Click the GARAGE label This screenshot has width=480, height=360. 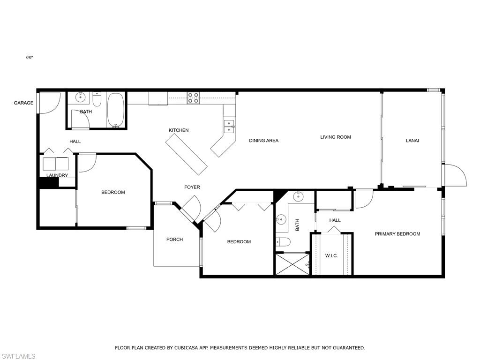[x=23, y=103]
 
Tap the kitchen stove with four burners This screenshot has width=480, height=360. [x=193, y=98]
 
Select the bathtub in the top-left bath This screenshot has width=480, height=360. [x=115, y=110]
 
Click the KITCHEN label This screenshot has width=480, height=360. [x=179, y=130]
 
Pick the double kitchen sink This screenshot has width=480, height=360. [x=229, y=127]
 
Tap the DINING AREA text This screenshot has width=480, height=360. [x=263, y=141]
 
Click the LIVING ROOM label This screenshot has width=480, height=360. [x=336, y=137]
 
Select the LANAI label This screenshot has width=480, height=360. [x=412, y=141]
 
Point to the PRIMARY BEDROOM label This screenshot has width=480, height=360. [x=397, y=234]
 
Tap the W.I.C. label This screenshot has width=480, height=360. [x=331, y=255]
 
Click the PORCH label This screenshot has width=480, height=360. [x=174, y=240]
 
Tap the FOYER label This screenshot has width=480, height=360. [x=192, y=187]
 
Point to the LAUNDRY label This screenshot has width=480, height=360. [x=57, y=175]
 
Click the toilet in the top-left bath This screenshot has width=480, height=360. [x=97, y=99]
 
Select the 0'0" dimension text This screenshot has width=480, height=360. [x=30, y=57]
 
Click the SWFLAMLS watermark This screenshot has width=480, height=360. [x=18, y=356]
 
